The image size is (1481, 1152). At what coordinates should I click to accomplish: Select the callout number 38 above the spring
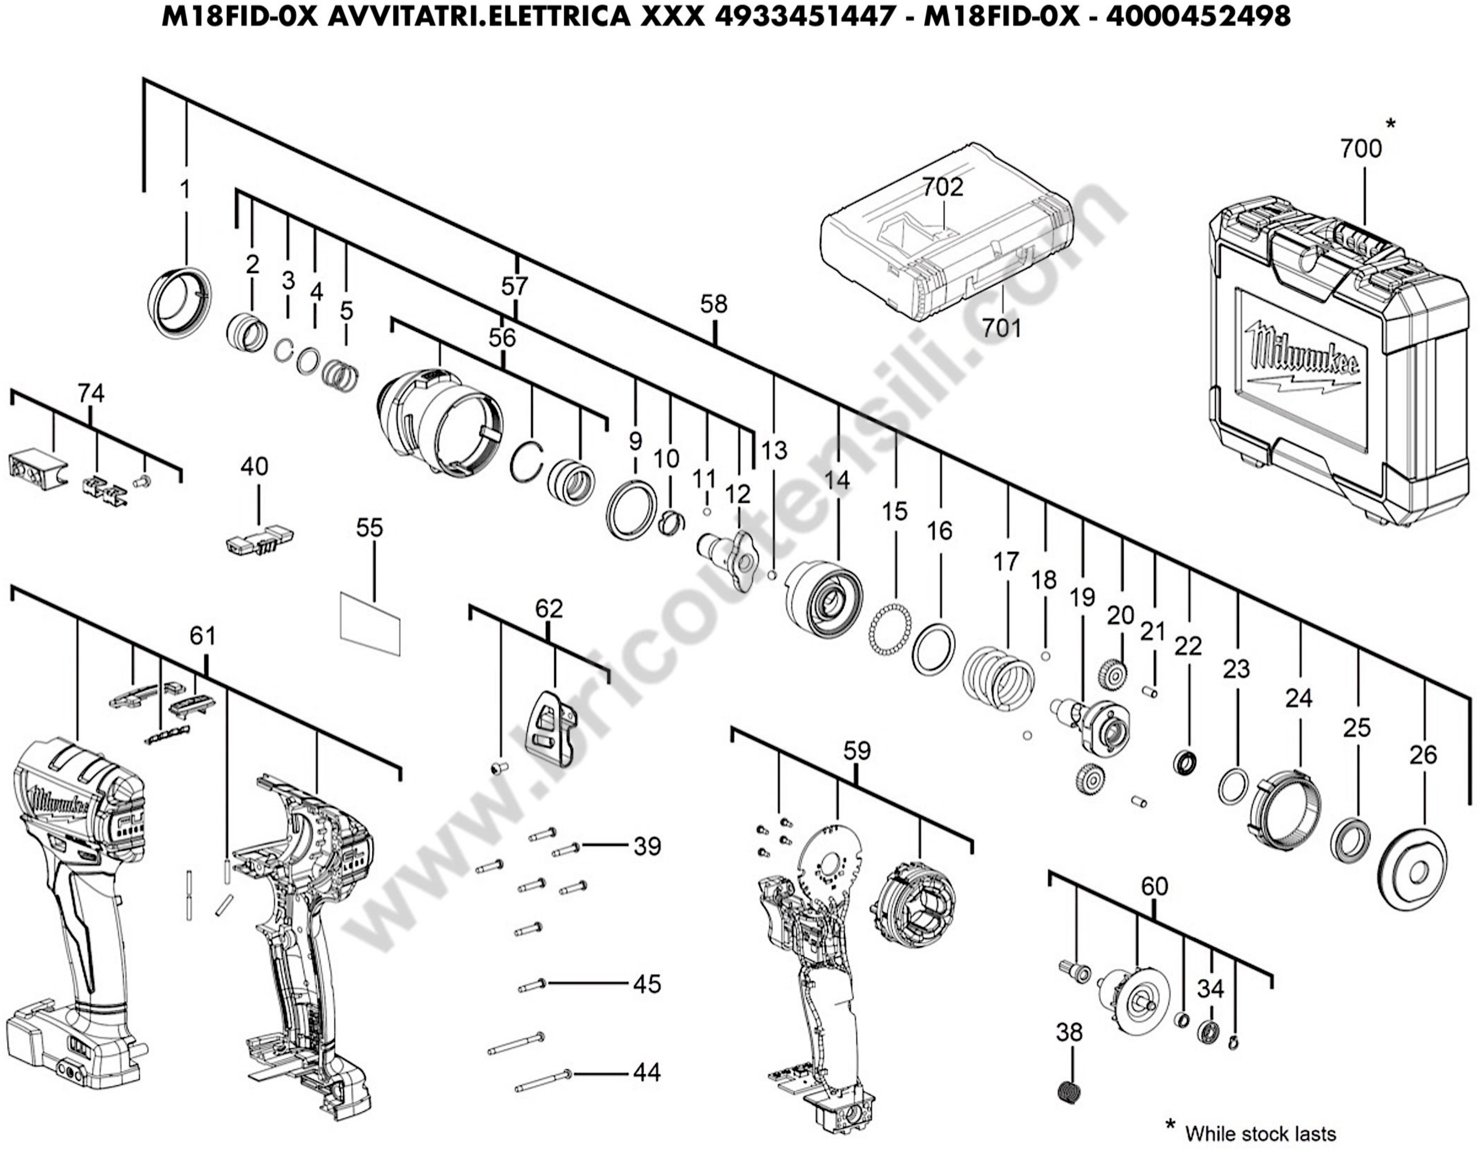click(1069, 1033)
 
